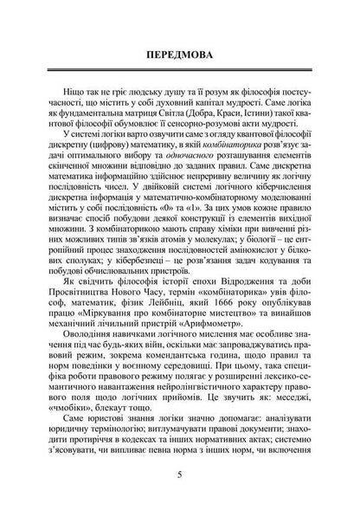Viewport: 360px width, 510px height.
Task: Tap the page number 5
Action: click(179, 474)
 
